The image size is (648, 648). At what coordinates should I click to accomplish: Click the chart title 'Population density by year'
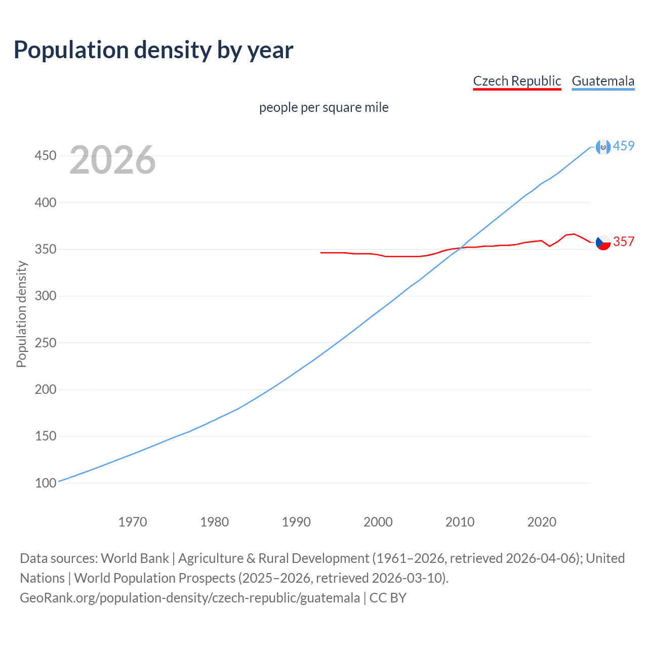(153, 50)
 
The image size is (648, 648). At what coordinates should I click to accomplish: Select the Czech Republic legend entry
(517, 81)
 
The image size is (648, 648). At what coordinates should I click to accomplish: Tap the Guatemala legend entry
(603, 81)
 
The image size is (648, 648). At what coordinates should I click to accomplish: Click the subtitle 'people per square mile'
(323, 107)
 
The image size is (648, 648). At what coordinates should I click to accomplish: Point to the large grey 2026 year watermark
(112, 160)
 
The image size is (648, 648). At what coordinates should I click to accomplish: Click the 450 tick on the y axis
(45, 155)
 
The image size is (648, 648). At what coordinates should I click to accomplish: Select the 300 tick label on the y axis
(45, 296)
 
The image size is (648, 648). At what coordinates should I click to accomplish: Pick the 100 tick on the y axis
(45, 483)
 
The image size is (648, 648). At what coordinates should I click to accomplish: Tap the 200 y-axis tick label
(45, 389)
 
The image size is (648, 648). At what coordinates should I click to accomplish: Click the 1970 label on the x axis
(133, 522)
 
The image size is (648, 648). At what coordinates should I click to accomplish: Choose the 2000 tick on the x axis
(378, 522)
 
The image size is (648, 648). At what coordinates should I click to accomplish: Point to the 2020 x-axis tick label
(542, 522)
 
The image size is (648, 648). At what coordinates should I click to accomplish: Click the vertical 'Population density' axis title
(21, 314)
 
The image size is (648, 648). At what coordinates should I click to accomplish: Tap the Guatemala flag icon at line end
(603, 147)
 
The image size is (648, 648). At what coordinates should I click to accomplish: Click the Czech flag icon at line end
(603, 242)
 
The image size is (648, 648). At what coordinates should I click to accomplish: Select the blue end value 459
(624, 146)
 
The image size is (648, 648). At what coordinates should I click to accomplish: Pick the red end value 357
(624, 241)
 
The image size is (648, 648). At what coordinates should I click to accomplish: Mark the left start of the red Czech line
(321, 252)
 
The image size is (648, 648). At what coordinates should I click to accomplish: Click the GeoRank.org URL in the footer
(190, 598)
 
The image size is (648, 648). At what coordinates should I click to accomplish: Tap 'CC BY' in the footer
(388, 598)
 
